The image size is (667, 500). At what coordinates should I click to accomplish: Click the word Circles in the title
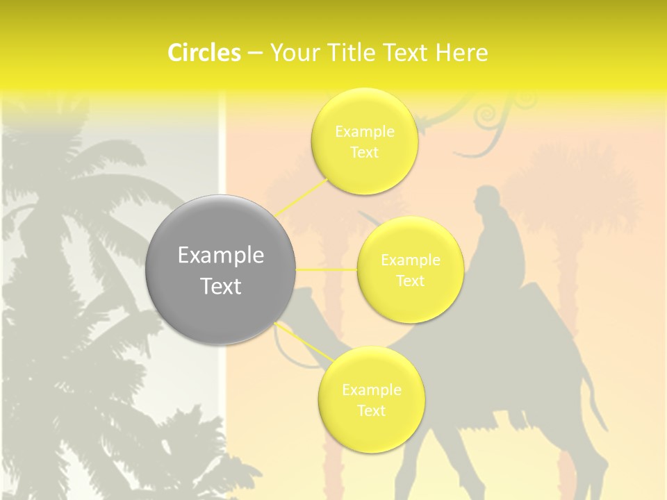(204, 53)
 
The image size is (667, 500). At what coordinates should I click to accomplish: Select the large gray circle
(221, 270)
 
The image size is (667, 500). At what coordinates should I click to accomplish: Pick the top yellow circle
(364, 141)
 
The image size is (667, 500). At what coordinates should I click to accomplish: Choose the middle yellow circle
(410, 269)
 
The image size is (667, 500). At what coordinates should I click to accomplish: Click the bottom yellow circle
(371, 400)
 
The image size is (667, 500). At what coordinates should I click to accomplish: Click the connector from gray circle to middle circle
(327, 269)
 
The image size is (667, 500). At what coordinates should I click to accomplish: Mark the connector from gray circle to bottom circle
(306, 342)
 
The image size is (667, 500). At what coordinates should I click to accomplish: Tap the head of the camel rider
(488, 200)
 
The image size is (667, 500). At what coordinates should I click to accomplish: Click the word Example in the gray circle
(221, 256)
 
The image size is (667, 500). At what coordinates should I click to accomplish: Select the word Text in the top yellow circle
(364, 153)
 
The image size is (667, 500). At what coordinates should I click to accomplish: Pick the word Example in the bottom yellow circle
(371, 390)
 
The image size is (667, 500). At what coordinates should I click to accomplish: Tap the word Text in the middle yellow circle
(410, 281)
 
